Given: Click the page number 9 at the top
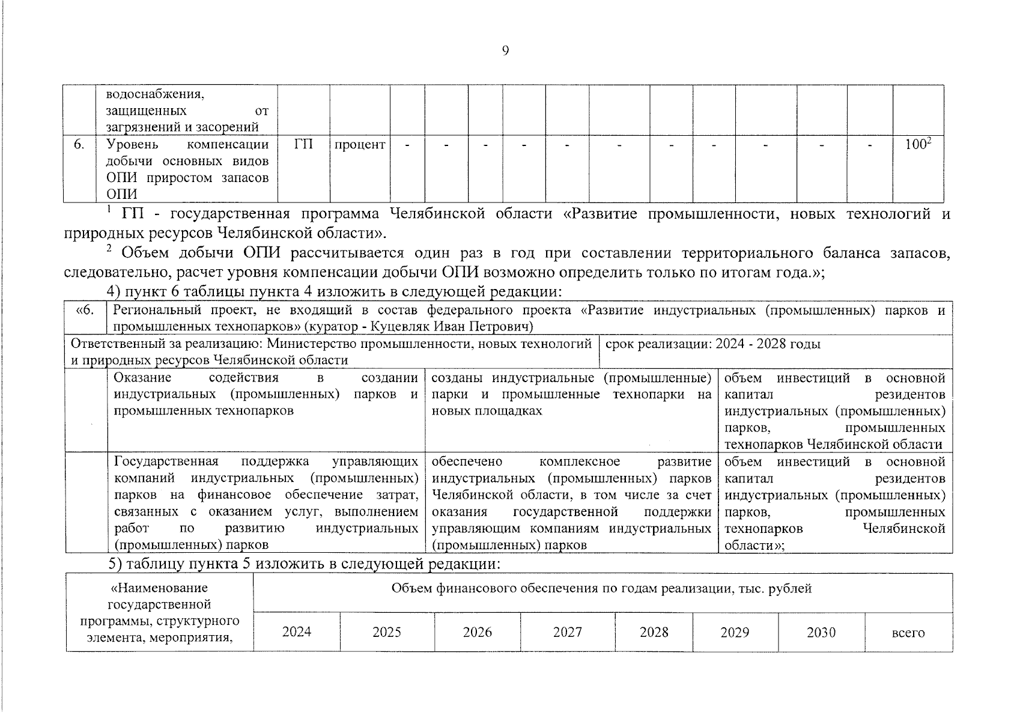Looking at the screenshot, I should (505, 51).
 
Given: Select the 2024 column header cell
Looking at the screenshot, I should (297, 632).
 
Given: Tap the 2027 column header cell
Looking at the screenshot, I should (568, 632).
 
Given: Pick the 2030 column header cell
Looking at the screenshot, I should (821, 632).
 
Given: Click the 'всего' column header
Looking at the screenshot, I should (908, 633).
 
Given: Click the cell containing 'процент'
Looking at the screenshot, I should (359, 145).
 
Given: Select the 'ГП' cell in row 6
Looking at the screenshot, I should (304, 145).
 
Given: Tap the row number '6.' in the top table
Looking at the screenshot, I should (79, 145).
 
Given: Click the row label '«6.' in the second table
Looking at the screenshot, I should (86, 311).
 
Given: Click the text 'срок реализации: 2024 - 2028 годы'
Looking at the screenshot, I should (712, 344).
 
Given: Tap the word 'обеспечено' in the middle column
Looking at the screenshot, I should (467, 461).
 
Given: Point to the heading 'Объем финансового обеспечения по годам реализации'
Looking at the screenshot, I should (601, 589).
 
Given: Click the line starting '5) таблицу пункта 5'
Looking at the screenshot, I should (303, 564).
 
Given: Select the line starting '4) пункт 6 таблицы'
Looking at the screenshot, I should (334, 292).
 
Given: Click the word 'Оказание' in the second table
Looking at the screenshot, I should (142, 378).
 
